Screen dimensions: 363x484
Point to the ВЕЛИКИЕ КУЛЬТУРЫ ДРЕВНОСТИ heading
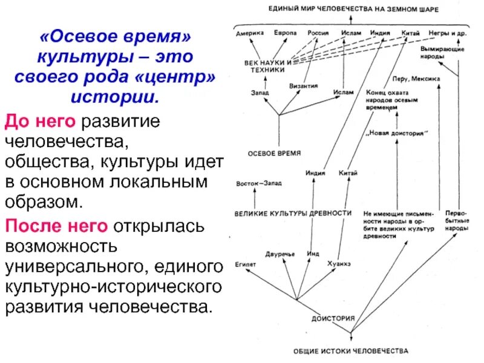tap(293, 214)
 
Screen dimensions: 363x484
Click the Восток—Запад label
tap(259, 183)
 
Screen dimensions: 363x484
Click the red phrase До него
tap(39, 121)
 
